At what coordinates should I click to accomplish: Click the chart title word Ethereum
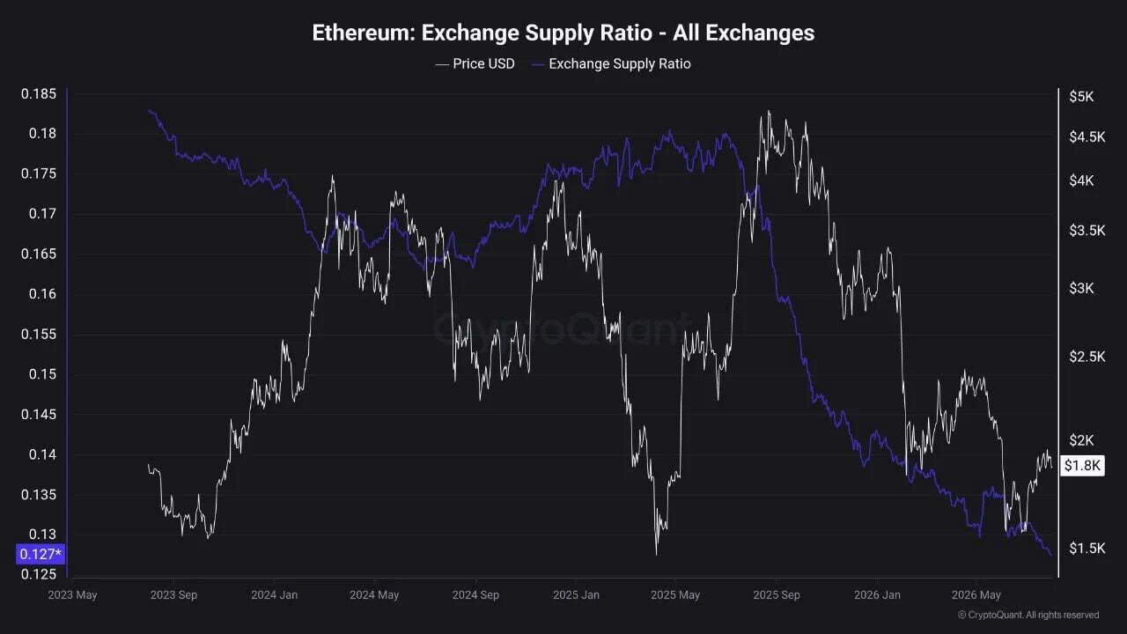coord(363,33)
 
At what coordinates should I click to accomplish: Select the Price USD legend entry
coord(475,64)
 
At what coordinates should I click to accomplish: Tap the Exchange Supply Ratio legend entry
coord(611,64)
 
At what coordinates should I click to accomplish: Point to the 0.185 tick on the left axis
coord(39,94)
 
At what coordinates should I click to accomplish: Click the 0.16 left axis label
coord(43,294)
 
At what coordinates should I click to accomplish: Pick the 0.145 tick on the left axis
coord(39,415)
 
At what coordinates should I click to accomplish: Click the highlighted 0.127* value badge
coord(41,555)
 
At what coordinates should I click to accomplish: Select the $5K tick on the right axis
coord(1082,97)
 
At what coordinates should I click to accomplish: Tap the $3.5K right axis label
coord(1087,231)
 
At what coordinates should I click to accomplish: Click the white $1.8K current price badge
coord(1082,466)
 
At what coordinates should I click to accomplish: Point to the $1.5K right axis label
coord(1087,549)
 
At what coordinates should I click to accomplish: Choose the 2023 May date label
coord(72,594)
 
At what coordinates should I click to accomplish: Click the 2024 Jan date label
coord(274,594)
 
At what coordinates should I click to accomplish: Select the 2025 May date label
coord(675,594)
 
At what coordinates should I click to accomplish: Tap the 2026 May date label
coord(976,594)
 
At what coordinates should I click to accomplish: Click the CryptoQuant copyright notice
coord(1028,615)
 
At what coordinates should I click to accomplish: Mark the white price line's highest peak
coord(769,111)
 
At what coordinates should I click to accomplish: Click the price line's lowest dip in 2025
coord(657,555)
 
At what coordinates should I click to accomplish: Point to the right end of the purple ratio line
coord(1051,556)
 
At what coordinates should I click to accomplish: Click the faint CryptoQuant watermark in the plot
coord(561,329)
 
